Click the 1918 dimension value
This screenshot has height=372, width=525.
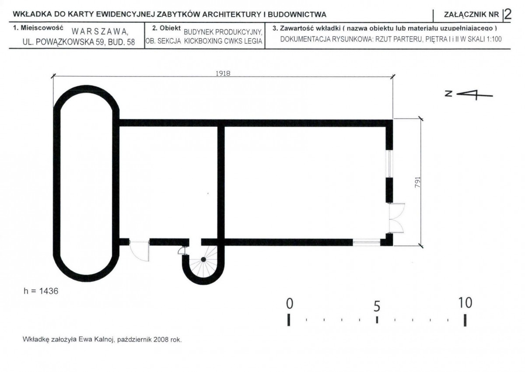pyautogui.click(x=223, y=74)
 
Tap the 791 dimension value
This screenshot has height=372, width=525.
pyautogui.click(x=418, y=182)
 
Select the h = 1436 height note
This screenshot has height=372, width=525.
pyautogui.click(x=41, y=291)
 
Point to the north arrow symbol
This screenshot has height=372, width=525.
pyautogui.click(x=469, y=95)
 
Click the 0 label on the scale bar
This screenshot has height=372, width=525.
pyautogui.click(x=290, y=304)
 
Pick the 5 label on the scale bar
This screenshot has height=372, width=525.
pyautogui.click(x=377, y=306)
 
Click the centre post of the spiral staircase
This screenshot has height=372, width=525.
pyautogui.click(x=203, y=260)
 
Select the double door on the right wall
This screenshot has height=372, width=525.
pyautogui.click(x=396, y=218)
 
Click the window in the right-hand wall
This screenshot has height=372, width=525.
pyautogui.click(x=389, y=164)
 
